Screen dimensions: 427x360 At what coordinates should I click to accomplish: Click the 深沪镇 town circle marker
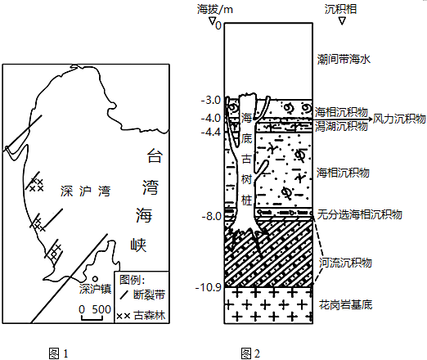tap(95, 278)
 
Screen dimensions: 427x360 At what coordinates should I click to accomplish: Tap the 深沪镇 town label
tap(95, 289)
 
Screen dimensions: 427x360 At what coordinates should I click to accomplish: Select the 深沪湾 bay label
tap(85, 191)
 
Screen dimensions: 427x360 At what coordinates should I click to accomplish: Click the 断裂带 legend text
tap(149, 295)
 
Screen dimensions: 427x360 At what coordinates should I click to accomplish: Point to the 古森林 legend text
tap(150, 315)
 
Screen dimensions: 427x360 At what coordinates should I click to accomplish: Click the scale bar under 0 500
tap(92, 317)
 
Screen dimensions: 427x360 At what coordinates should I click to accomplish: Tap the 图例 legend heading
tap(132, 280)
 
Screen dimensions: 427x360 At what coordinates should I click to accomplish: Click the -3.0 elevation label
tap(211, 100)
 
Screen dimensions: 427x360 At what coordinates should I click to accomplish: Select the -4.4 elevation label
tap(211, 132)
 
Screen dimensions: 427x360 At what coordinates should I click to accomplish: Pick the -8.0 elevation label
tap(211, 216)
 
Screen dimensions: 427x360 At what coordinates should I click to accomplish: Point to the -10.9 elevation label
tap(209, 287)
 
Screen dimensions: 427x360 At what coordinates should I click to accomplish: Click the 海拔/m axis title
tap(215, 10)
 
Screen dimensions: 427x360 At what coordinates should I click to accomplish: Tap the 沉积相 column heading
tap(340, 9)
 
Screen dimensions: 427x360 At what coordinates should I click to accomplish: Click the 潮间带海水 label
tap(344, 59)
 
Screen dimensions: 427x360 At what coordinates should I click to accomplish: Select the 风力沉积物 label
tap(399, 119)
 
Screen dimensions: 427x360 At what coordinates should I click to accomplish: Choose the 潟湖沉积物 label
tap(341, 126)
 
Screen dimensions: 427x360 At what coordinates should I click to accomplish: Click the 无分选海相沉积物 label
tap(360, 214)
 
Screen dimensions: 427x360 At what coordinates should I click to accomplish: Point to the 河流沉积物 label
tap(345, 263)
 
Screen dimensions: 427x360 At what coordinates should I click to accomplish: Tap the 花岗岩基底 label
tap(346, 304)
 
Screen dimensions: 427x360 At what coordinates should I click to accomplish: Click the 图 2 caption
tap(250, 353)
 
